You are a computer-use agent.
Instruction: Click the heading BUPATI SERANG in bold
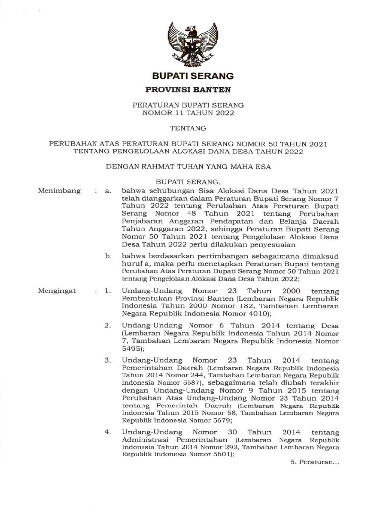(192, 76)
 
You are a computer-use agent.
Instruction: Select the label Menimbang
(59, 191)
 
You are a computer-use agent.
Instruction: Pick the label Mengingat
(57, 291)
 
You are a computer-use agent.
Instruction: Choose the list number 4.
(107, 432)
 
